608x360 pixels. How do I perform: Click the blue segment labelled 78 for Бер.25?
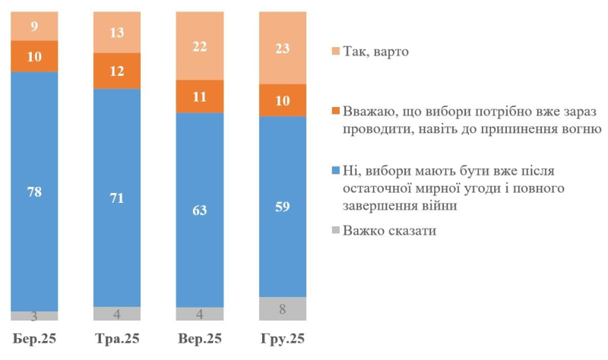(x=33, y=191)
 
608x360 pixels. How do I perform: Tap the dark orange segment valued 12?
(x=116, y=71)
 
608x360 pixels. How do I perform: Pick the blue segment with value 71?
(x=116, y=197)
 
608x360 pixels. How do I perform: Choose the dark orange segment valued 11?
(x=200, y=96)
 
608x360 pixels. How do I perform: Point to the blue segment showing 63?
(x=200, y=210)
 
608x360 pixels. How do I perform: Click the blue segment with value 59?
(x=283, y=206)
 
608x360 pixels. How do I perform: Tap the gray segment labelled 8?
(x=283, y=308)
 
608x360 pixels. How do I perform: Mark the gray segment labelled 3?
(x=33, y=315)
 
